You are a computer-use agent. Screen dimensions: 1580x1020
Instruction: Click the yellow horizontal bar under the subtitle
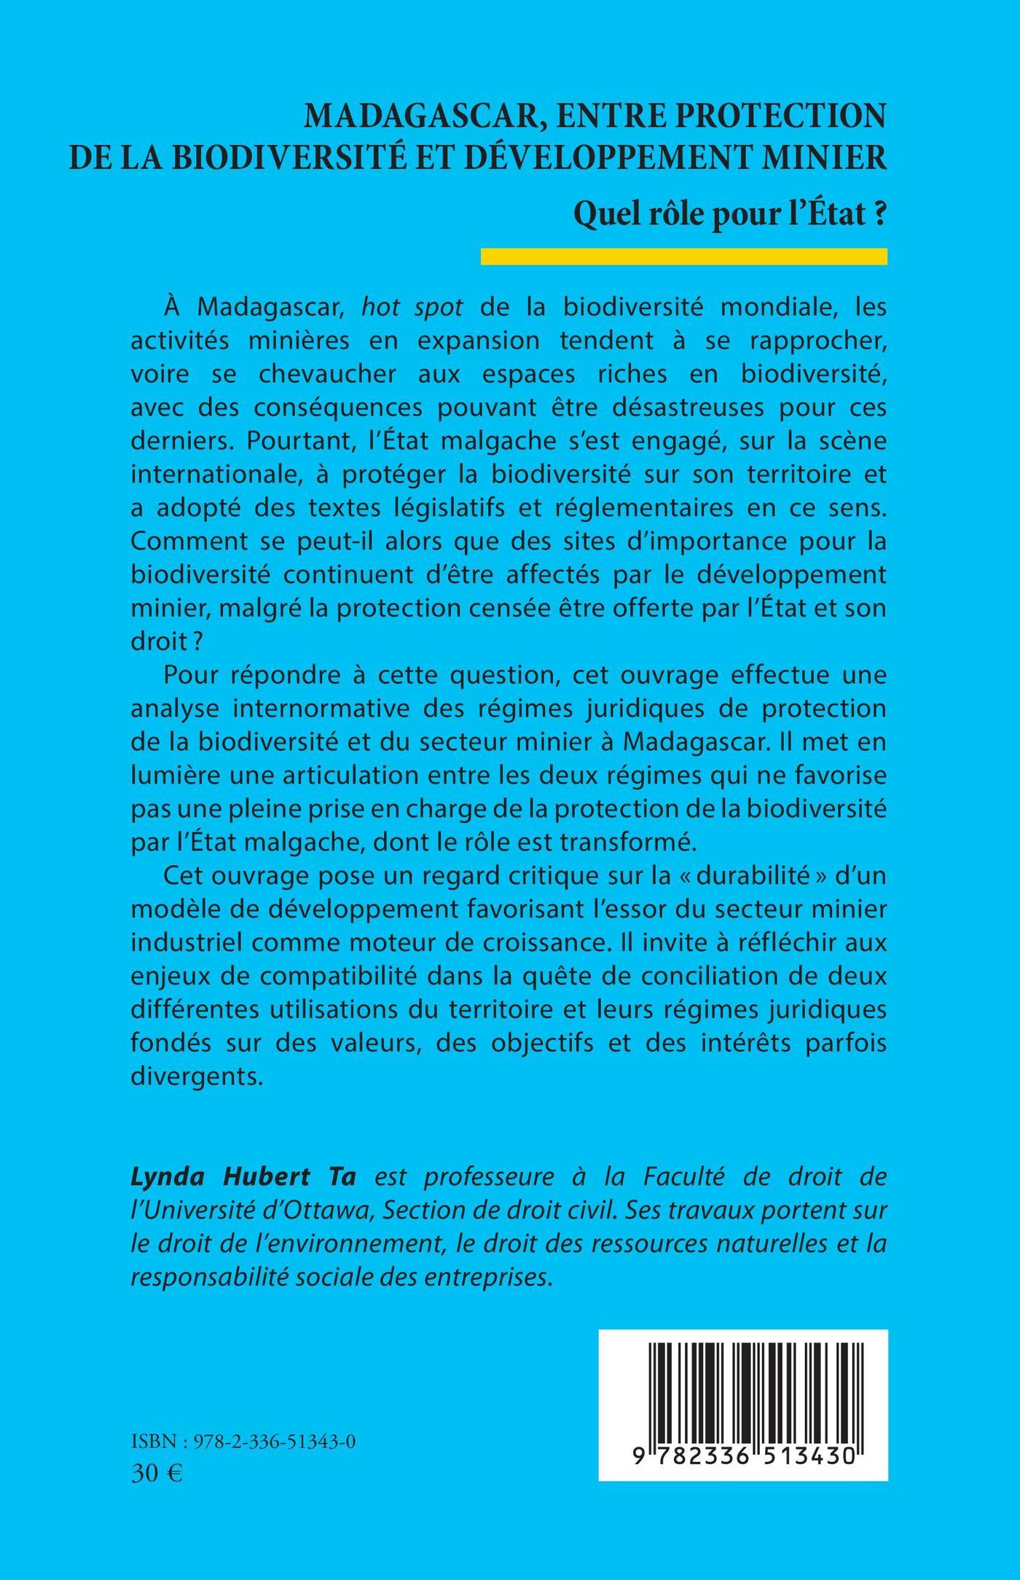[683, 257]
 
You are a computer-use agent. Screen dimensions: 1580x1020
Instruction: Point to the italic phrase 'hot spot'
[412, 307]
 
